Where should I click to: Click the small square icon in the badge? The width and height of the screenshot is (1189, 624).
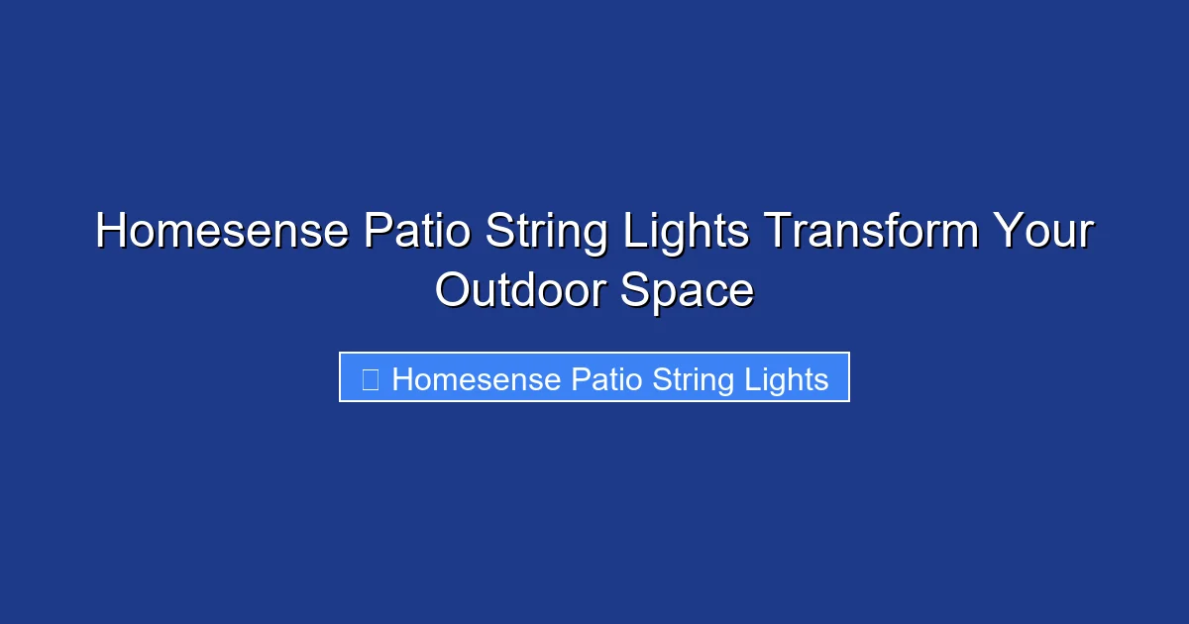[370, 379]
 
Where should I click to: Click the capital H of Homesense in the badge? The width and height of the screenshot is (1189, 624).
[402, 379]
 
